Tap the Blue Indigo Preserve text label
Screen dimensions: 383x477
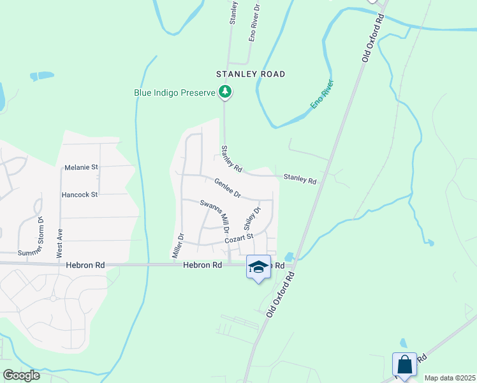click(175, 93)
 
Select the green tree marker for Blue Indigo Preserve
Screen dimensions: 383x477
click(224, 93)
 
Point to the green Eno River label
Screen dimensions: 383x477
click(323, 94)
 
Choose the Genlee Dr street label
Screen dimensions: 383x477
click(227, 188)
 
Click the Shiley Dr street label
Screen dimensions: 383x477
click(253, 218)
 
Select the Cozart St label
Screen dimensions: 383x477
click(239, 239)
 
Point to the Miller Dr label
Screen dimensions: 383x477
click(178, 246)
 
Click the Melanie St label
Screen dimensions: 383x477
click(81, 168)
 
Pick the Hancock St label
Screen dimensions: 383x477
click(80, 194)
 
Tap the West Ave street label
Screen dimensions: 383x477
click(61, 243)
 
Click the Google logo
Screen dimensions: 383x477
click(21, 375)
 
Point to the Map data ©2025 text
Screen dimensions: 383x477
click(449, 378)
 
